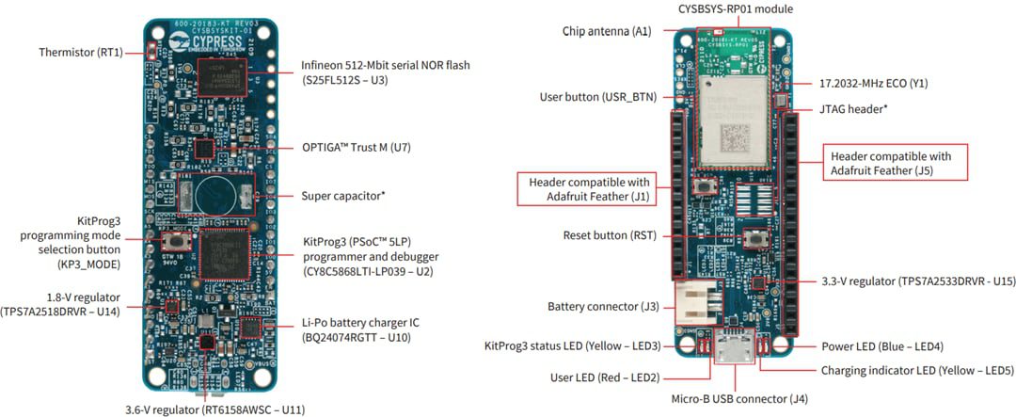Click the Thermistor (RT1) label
(82, 52)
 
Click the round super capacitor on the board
(215, 195)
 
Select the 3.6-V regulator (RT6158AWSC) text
(215, 409)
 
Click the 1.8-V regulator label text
(60, 304)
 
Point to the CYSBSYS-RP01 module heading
(735, 8)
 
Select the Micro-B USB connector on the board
(731, 350)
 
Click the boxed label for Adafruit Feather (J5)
(889, 163)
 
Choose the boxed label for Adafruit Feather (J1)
(587, 188)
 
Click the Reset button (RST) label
(610, 235)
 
